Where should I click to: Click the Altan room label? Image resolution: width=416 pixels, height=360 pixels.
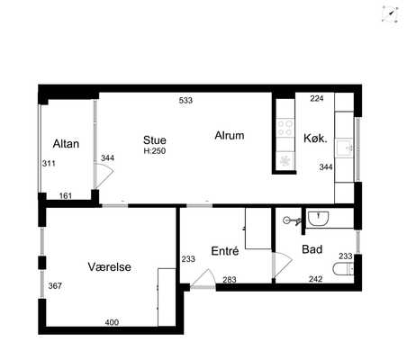[x=66, y=144]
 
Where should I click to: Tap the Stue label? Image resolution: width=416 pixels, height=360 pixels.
[x=155, y=140]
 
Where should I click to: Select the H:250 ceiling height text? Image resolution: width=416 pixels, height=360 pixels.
[x=155, y=151]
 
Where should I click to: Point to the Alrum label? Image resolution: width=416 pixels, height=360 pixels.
[x=230, y=135]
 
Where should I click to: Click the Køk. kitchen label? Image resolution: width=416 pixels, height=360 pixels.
[x=315, y=139]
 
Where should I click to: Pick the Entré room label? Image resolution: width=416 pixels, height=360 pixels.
[x=225, y=251]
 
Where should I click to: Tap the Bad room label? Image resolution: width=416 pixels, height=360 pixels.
[x=312, y=249]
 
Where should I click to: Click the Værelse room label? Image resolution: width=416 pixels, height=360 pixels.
[x=110, y=266]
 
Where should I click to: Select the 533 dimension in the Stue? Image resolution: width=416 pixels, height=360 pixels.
[x=185, y=100]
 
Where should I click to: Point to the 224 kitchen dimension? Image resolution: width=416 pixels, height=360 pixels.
[x=317, y=98]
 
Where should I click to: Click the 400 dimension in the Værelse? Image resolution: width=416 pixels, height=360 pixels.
[x=112, y=322]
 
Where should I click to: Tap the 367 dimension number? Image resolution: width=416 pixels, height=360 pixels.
[x=55, y=286]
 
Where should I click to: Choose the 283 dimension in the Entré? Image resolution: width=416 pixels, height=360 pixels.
[x=230, y=280]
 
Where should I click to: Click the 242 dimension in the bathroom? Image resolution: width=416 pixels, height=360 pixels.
[x=316, y=279]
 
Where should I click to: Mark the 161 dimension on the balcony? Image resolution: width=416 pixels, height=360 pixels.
[x=66, y=196]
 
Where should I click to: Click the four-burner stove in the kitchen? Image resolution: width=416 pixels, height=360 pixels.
[x=285, y=128]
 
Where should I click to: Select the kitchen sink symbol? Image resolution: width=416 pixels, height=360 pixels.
[x=344, y=148]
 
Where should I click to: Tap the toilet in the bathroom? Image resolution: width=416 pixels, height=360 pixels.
[x=343, y=268]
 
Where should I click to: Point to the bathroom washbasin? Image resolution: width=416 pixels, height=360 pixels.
[x=319, y=219]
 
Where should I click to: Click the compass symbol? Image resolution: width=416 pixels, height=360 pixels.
[x=390, y=13]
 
